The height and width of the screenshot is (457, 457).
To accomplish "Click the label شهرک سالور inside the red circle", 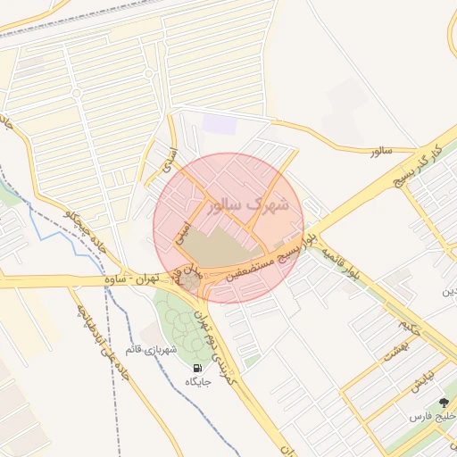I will (248, 204).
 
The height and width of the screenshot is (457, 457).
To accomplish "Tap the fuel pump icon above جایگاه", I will (196, 367).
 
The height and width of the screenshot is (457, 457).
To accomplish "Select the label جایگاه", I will (196, 382).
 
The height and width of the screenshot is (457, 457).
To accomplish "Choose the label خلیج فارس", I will (432, 417).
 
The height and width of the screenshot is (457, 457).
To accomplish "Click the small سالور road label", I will (382, 152).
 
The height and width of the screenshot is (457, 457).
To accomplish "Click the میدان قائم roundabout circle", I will (193, 283).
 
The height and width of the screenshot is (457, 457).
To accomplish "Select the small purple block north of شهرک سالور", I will (220, 125).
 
